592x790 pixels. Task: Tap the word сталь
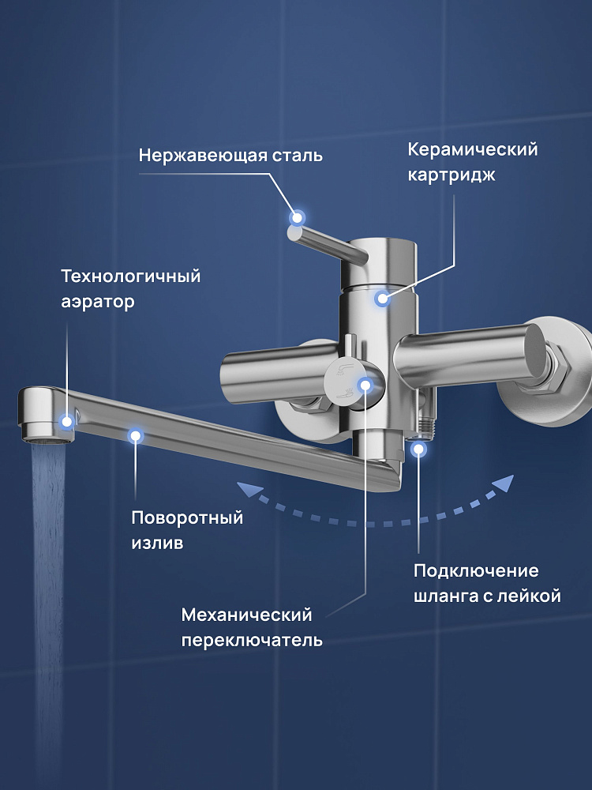click(298, 156)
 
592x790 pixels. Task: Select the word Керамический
click(473, 150)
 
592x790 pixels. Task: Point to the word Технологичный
click(131, 276)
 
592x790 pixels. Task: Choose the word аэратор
click(98, 303)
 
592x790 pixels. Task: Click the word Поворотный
click(187, 518)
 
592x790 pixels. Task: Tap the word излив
click(157, 544)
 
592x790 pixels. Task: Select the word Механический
click(246, 615)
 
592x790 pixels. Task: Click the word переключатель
click(252, 641)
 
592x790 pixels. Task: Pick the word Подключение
click(476, 571)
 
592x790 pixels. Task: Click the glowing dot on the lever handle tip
click(297, 218)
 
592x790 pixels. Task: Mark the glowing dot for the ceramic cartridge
click(382, 299)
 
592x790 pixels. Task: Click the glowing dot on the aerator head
click(66, 421)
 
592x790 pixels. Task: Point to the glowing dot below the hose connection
click(418, 448)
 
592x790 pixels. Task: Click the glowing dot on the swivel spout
click(136, 436)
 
